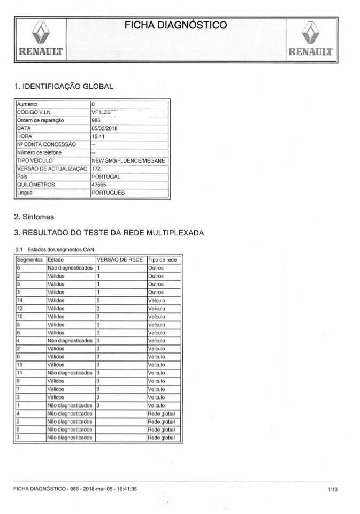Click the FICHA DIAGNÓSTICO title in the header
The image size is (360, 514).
[176, 26]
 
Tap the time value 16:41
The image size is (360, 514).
[98, 136]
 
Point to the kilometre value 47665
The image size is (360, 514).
[99, 185]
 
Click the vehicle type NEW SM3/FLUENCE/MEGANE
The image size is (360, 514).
[129, 160]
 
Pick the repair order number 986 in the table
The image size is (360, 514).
[96, 120]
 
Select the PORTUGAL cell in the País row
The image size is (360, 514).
[106, 177]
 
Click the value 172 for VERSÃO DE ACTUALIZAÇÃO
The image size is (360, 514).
[96, 168]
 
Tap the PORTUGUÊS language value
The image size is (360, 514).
[109, 193]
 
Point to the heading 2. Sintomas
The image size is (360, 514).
[34, 217]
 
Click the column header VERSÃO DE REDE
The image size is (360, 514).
[119, 259]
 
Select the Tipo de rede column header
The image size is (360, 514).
[162, 259]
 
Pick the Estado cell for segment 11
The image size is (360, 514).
[70, 373]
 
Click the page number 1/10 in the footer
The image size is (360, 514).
[332, 489]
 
